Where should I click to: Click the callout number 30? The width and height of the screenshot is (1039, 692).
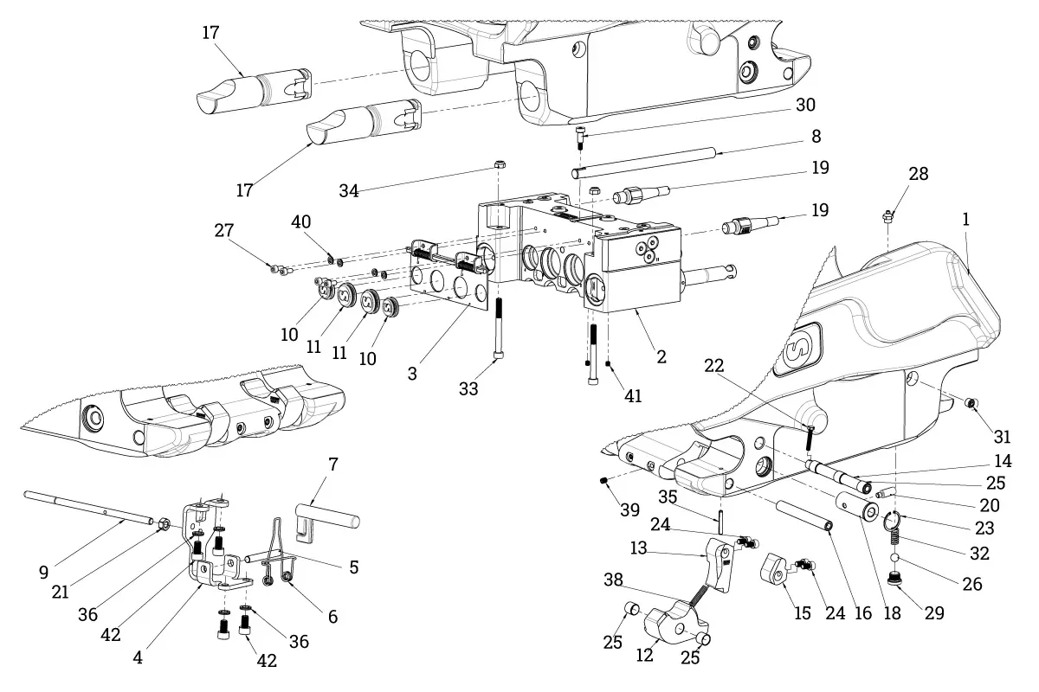pyautogui.click(x=805, y=105)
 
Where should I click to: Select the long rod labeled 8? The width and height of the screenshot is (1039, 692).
pyautogui.click(x=644, y=162)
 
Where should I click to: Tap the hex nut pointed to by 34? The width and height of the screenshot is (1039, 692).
pyautogui.click(x=500, y=164)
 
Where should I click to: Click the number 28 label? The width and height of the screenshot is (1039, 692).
pyautogui.click(x=919, y=174)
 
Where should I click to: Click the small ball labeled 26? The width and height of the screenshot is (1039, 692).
pyautogui.click(x=895, y=558)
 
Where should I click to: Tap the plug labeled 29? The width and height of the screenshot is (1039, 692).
pyautogui.click(x=894, y=579)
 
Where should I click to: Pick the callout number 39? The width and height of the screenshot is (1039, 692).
pyautogui.click(x=630, y=509)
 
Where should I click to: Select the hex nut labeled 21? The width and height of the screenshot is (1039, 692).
pyautogui.click(x=164, y=524)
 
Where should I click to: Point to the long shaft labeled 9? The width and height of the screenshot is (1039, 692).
pyautogui.click(x=88, y=508)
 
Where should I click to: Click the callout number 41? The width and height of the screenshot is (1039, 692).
pyautogui.click(x=633, y=396)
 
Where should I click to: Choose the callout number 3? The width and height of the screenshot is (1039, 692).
pyautogui.click(x=412, y=374)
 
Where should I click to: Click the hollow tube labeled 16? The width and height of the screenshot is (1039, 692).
pyautogui.click(x=803, y=516)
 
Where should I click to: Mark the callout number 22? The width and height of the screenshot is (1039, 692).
pyautogui.click(x=713, y=366)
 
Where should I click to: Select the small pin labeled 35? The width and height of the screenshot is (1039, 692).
pyautogui.click(x=720, y=522)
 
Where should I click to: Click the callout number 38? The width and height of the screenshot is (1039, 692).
pyautogui.click(x=613, y=580)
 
